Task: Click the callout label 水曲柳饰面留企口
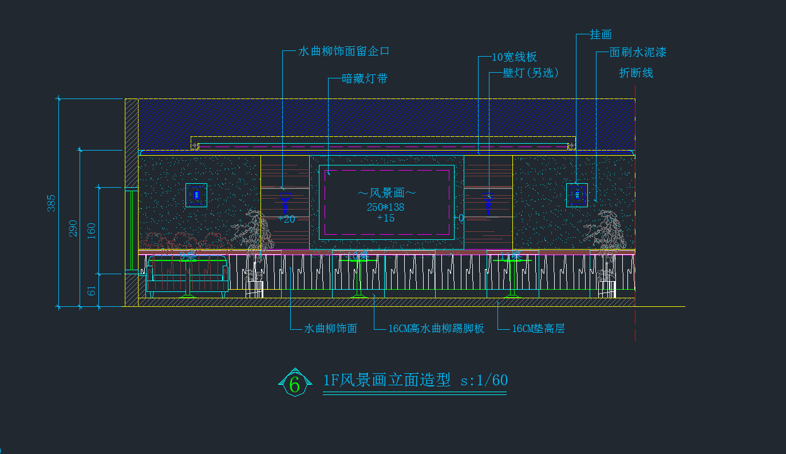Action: point(343,51)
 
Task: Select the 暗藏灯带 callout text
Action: point(365,78)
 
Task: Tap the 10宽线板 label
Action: point(514,57)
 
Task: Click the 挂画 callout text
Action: point(601,35)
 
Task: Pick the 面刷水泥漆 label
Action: point(638,53)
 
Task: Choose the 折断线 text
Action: point(636,73)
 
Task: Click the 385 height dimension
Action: point(52,203)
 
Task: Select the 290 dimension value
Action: point(73,228)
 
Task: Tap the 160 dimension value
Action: point(92,230)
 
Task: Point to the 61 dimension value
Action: point(92,290)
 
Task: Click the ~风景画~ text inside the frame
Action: point(386,195)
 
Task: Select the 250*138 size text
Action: point(386,207)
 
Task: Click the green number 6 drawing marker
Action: point(294,384)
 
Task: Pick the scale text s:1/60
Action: point(484,380)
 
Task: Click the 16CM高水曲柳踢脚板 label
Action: point(436,329)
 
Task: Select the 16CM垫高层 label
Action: point(538,329)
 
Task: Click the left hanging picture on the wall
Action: point(196,195)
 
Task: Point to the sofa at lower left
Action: point(187,277)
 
